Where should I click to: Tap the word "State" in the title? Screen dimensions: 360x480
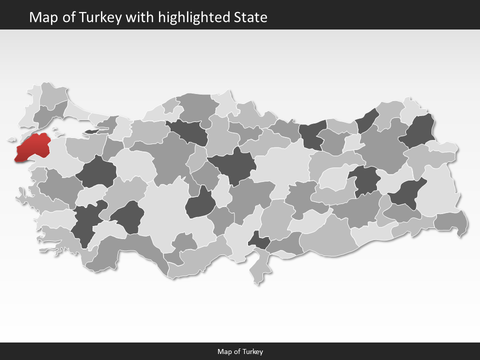[x=250, y=18]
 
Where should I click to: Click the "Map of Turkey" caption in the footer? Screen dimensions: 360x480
[x=240, y=351]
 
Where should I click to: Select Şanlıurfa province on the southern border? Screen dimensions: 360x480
[x=327, y=235]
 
